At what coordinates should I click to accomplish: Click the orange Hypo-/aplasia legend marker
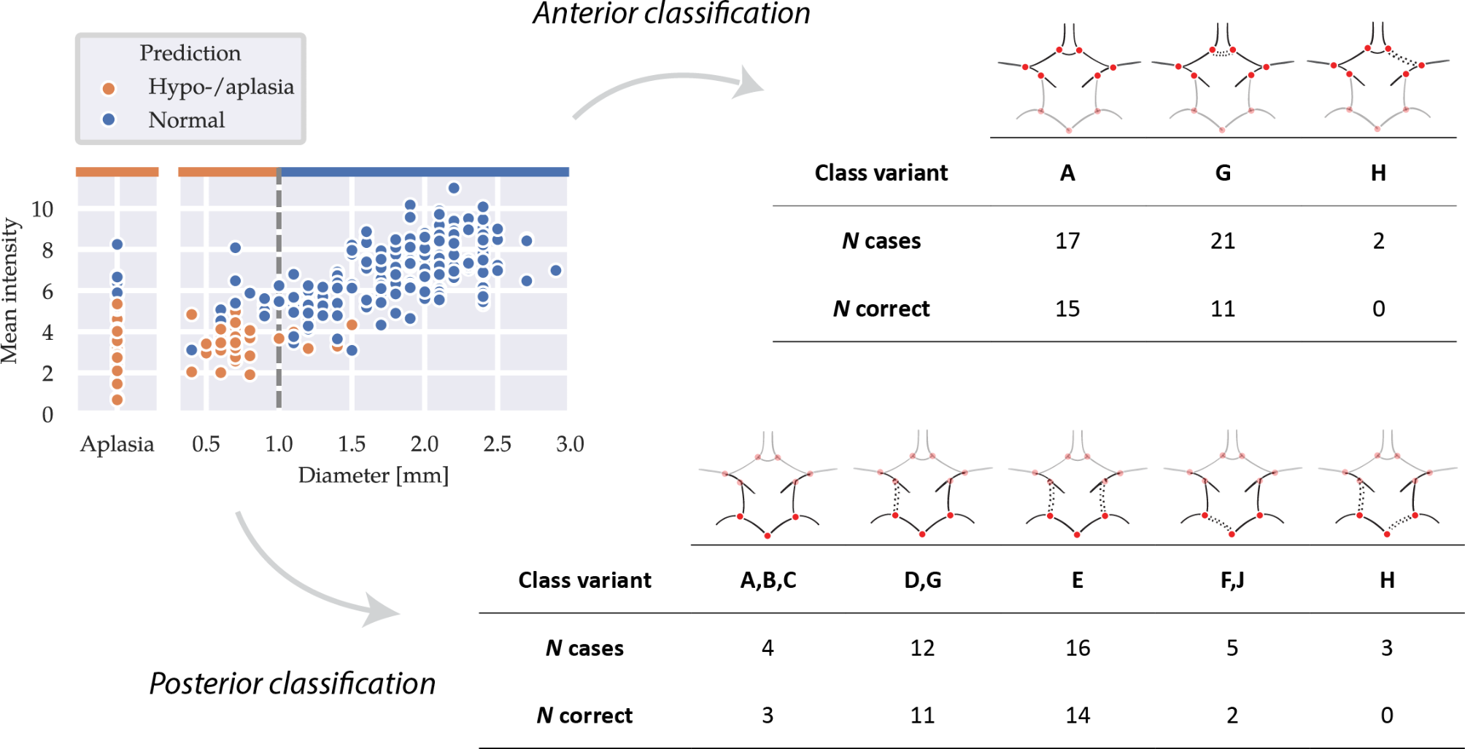point(109,88)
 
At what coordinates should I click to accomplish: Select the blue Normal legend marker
point(109,120)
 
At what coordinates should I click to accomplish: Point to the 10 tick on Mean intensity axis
point(42,209)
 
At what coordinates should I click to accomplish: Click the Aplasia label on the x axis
point(117,444)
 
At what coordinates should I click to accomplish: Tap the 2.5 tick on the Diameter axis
point(497,444)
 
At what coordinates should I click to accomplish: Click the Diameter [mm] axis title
point(373,476)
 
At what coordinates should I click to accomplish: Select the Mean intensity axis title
point(10,290)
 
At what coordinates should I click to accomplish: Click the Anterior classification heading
point(671,14)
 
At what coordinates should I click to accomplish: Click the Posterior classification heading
point(292,683)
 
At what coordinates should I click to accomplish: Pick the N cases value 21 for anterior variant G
point(1223,241)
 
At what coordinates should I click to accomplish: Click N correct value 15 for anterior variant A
point(1067,308)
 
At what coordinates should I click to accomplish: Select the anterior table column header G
point(1223,173)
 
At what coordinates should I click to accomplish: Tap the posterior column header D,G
point(923,580)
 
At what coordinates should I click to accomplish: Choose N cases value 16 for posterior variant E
point(1078,648)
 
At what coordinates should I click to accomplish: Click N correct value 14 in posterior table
point(1078,715)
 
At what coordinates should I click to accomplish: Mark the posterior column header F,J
point(1232,580)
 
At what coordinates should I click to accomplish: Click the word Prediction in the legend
point(190,53)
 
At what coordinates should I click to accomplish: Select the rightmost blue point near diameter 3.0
point(556,271)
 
